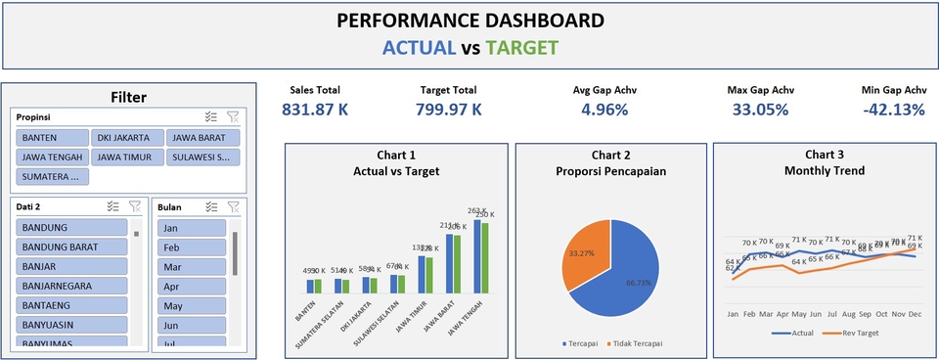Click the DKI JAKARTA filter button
126,138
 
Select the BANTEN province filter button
52,138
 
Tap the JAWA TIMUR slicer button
126,157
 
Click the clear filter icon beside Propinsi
233,116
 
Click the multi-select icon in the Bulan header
211,207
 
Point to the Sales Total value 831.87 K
315,110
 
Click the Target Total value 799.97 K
448,110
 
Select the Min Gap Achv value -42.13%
893,110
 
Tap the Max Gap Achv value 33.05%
760,110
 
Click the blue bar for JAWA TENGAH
477,256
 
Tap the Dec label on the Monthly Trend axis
915,315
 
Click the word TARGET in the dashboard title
521,48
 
